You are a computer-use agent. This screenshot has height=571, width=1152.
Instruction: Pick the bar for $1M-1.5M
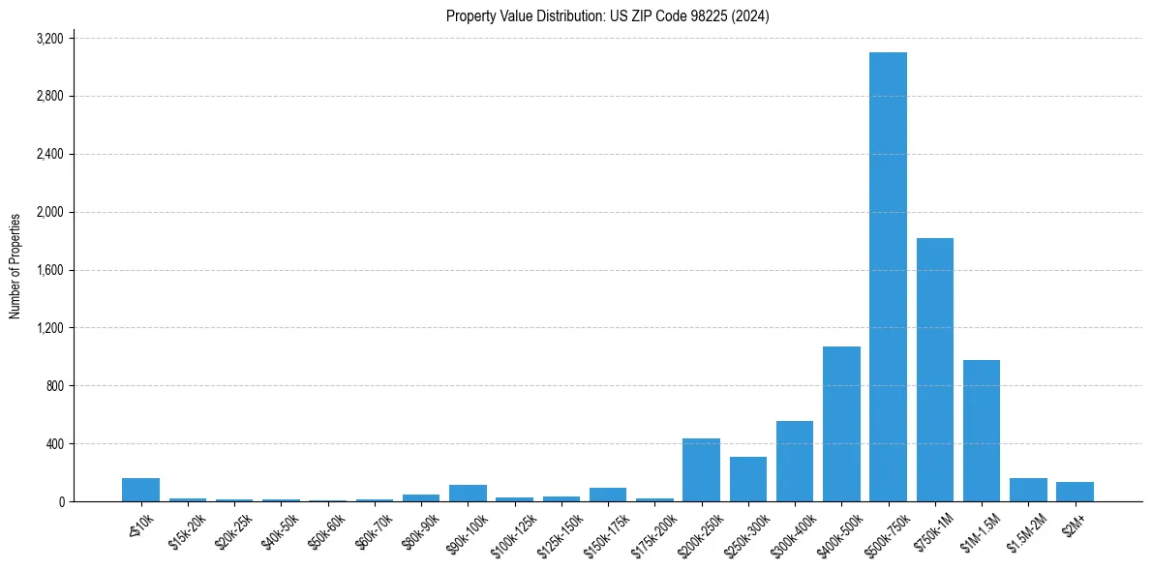[x=982, y=431]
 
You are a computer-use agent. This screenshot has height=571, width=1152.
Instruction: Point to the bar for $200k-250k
[x=701, y=470]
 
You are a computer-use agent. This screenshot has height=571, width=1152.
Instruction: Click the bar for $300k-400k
[x=795, y=462]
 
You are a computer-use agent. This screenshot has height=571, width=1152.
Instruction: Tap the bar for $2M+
[x=1075, y=492]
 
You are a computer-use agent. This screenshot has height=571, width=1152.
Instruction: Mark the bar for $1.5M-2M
[x=1028, y=490]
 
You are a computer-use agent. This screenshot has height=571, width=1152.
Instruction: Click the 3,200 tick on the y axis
[x=49, y=39]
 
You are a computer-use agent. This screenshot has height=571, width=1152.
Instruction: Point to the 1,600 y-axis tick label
[x=49, y=270]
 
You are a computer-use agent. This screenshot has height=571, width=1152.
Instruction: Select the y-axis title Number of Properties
[x=15, y=266]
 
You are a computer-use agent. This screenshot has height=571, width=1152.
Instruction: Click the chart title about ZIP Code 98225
[x=607, y=16]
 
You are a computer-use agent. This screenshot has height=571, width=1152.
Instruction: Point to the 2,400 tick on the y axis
[x=49, y=155]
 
